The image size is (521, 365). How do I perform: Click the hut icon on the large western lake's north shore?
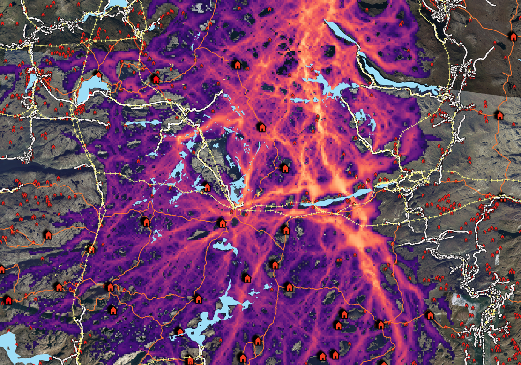[98, 74]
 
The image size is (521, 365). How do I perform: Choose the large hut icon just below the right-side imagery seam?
[499, 115]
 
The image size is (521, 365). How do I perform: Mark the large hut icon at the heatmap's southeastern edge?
[430, 315]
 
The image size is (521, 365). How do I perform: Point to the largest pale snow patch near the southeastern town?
[461, 300]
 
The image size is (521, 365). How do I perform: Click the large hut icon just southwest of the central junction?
[222, 223]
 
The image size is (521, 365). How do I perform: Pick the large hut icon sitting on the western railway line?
[91, 249]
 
